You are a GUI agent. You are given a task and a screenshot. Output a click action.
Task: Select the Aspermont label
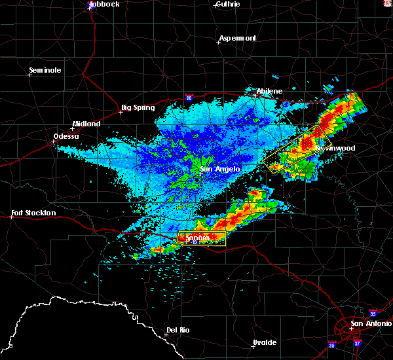[x=238, y=38]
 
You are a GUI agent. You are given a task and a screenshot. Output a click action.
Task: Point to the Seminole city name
[x=45, y=70]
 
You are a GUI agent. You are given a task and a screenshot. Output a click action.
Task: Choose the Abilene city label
[x=269, y=91]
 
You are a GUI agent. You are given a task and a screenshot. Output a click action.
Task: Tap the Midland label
[x=86, y=124]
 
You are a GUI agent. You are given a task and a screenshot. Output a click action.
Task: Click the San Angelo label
[x=220, y=169]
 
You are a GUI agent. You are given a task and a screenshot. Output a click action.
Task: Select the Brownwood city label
[x=335, y=148]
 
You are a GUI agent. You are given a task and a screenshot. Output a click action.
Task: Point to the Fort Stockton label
[x=33, y=213]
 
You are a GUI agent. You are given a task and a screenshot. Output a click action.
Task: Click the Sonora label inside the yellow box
[x=197, y=238]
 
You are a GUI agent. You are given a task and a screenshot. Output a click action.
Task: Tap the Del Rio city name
[x=178, y=329]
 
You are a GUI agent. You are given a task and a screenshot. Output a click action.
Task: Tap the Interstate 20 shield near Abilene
[x=189, y=98]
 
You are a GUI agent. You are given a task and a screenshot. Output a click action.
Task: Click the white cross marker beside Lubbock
[x=90, y=9]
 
